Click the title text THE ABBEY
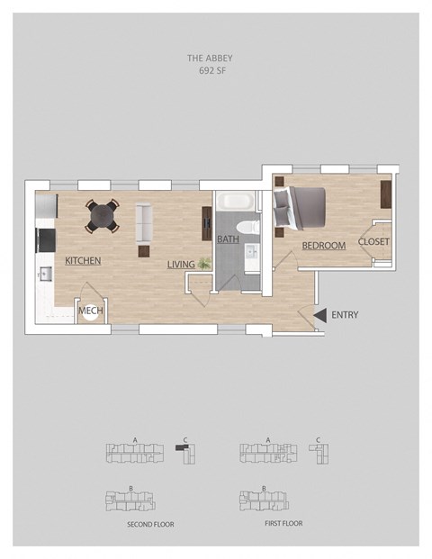point(210,59)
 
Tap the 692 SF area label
point(212,70)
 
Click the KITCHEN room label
point(83,261)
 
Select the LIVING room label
point(181,265)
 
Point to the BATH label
point(228,239)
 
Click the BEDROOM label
point(324,246)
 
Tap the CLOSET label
point(373,242)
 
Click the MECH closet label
point(91,311)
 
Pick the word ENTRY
point(345,315)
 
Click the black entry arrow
point(320,315)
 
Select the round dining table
point(103,216)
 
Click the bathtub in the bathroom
point(236,201)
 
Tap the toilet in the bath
point(247,228)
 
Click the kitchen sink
point(46,275)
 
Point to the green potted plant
point(204,264)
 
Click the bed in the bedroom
point(300,209)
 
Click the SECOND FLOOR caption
point(151,525)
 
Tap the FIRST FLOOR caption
point(283,523)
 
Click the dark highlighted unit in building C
point(183,448)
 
